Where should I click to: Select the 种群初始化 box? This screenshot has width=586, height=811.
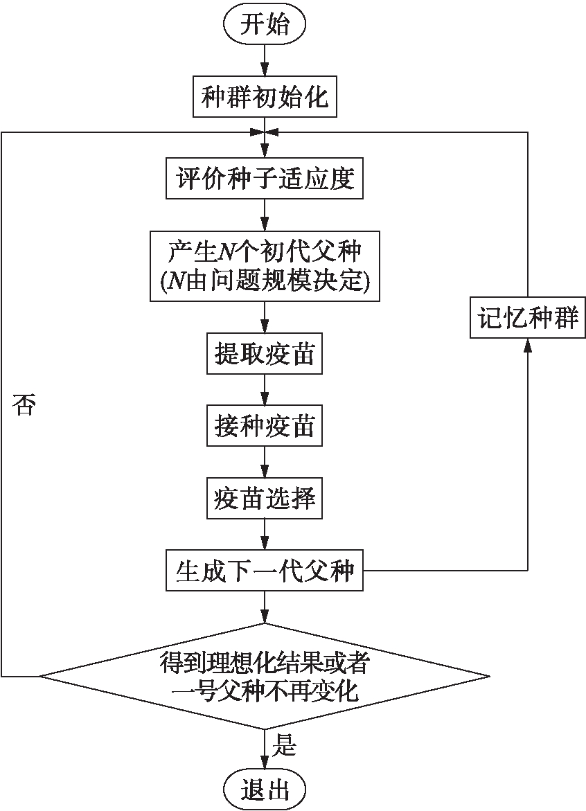(x=264, y=98)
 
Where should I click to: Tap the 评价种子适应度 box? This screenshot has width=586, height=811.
(x=264, y=179)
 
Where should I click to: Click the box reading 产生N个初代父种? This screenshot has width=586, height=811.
(x=265, y=265)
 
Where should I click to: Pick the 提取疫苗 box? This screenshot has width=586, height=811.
(x=264, y=354)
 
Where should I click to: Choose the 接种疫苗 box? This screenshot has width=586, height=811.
(x=264, y=426)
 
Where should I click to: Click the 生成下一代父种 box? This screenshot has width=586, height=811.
(x=264, y=571)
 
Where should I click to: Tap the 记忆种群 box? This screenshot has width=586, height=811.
(x=528, y=318)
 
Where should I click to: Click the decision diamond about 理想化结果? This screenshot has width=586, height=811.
(x=265, y=675)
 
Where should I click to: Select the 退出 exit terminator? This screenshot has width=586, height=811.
(x=264, y=789)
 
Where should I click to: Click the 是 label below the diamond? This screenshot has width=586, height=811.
(x=286, y=747)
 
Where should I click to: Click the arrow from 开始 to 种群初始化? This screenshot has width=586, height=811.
(x=264, y=61)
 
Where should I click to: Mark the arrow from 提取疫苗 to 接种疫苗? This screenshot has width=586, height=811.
(x=264, y=390)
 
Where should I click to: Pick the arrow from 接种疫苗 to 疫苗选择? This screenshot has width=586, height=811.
(x=264, y=461)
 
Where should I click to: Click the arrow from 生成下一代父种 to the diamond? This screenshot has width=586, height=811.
(x=264, y=607)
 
